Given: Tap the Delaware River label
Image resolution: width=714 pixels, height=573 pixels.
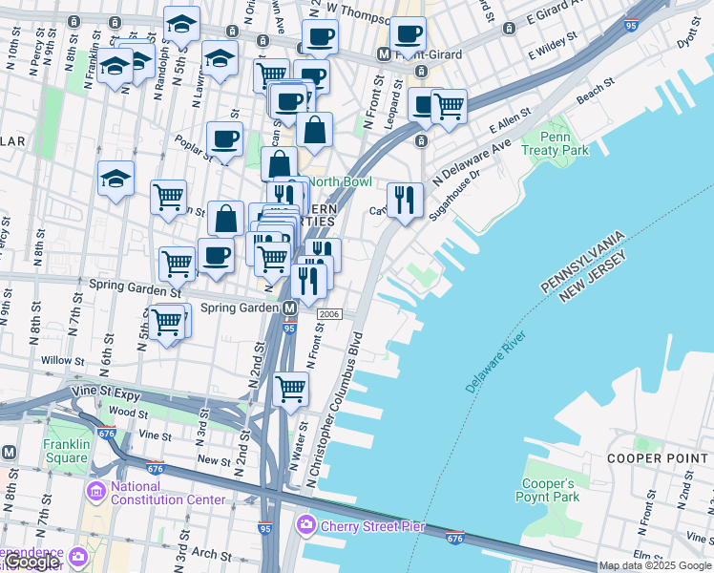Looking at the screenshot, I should coord(496,363).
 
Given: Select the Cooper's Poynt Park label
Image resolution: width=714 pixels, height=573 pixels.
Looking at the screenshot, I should coord(548,490).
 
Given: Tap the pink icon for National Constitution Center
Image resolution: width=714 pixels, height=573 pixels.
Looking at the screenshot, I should coord(95,492).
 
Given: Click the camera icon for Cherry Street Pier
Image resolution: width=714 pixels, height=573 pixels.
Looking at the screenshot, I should coord(305,524).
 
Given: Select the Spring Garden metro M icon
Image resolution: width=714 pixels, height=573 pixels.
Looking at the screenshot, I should coord(289,308).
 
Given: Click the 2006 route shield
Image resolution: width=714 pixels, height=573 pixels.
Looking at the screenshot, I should coord(329,314).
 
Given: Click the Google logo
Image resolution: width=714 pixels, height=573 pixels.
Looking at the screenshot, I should coord(31,562).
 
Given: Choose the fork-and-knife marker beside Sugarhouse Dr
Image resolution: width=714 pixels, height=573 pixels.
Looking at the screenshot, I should coord(406,200).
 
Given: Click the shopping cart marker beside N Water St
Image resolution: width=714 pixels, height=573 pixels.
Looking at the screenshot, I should coord(290,389).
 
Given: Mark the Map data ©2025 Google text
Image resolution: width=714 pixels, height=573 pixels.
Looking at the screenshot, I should coord(655,565).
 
